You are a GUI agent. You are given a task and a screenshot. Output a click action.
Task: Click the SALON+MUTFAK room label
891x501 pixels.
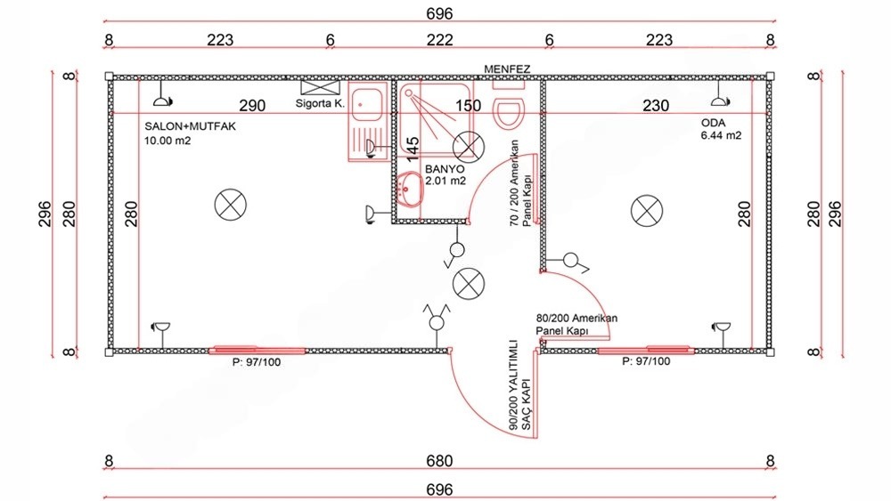190,126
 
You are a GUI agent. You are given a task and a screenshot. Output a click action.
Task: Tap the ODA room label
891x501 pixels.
713,123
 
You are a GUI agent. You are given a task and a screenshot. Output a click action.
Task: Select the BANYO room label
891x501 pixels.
445,169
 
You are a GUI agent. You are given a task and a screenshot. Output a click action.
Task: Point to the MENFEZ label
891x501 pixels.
507,69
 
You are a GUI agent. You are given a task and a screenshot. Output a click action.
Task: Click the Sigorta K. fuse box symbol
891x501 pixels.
320,87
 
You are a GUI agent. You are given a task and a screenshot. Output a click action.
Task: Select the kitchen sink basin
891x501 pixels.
367,103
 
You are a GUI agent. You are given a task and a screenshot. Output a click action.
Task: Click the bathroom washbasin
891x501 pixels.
410,189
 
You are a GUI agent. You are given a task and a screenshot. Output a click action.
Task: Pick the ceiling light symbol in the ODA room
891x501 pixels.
647,211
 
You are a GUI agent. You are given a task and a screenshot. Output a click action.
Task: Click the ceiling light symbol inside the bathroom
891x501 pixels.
469,147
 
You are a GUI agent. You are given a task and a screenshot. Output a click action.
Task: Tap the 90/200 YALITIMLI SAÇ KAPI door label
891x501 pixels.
520,385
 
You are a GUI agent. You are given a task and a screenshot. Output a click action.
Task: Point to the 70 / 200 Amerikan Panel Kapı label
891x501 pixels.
520,183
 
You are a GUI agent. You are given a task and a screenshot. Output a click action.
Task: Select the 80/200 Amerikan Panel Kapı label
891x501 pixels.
576,325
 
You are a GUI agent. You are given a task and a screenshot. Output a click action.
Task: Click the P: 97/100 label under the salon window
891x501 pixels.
257,362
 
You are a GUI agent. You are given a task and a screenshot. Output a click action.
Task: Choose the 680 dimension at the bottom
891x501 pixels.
439,461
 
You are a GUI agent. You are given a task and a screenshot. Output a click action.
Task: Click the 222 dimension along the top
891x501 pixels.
440,40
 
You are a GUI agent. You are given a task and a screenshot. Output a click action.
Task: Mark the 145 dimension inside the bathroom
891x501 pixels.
413,147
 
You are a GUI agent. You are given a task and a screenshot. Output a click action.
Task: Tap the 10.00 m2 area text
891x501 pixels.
168,141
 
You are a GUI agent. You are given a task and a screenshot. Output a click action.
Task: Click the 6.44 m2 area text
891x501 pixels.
721,135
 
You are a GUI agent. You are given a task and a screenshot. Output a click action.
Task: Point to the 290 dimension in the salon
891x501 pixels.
252,106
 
